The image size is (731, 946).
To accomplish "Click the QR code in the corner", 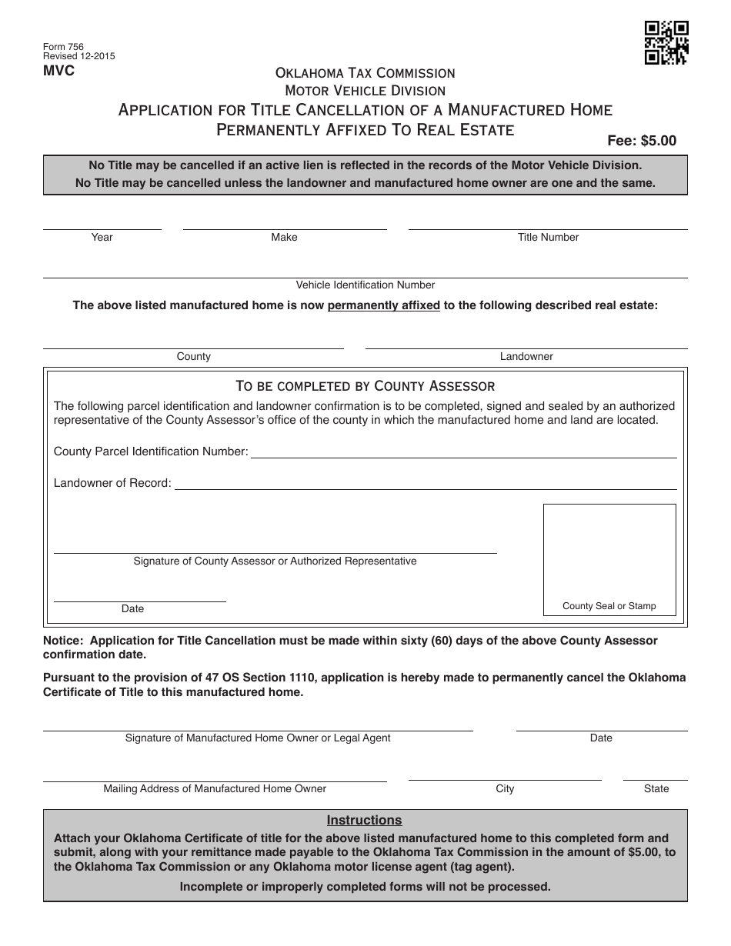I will click(x=666, y=42).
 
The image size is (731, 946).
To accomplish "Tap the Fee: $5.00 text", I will click(x=642, y=141).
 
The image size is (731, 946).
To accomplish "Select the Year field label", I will click(x=102, y=238).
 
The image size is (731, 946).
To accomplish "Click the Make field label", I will click(x=284, y=238).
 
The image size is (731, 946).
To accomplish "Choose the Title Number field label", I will click(x=548, y=238).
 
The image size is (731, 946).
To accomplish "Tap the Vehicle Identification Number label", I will click(x=365, y=285).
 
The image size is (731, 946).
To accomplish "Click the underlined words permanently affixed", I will click(x=383, y=305).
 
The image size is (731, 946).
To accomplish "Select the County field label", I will click(x=193, y=357).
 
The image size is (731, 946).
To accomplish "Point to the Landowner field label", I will click(x=526, y=357).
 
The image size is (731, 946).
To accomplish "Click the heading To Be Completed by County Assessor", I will click(x=365, y=386).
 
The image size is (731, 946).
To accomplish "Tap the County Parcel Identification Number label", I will click(x=151, y=451).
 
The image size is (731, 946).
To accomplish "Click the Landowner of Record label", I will click(x=112, y=484).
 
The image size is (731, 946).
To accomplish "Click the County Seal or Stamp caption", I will click(x=609, y=606).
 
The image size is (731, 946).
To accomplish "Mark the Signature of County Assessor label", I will click(x=275, y=561).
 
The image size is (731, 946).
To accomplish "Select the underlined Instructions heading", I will click(x=365, y=821).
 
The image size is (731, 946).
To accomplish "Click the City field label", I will click(x=505, y=789).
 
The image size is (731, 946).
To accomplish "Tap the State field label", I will click(x=656, y=789).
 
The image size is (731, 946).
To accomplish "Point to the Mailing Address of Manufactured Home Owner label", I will click(x=215, y=789).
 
